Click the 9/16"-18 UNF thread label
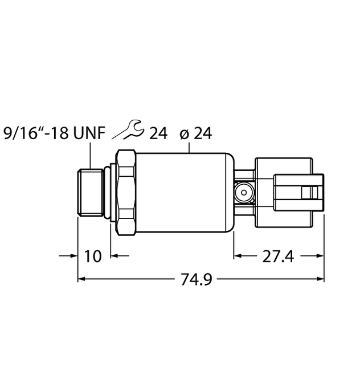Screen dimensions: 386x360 [x=54, y=134]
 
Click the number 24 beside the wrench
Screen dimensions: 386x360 [x=158, y=134]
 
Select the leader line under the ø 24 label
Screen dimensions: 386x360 [x=189, y=148]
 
